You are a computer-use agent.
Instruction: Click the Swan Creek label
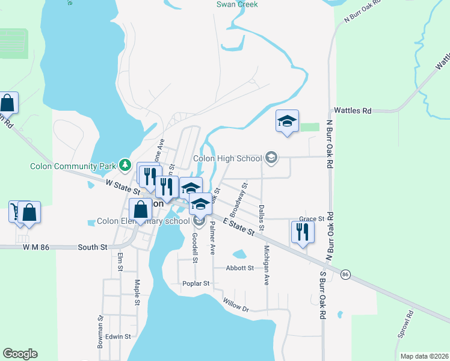[x=237, y=4]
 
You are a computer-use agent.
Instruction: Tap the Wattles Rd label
[x=353, y=111]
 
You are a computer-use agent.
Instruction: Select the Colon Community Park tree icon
[x=125, y=164]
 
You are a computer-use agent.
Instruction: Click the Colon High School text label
[x=227, y=159]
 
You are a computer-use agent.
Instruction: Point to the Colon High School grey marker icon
[x=271, y=158]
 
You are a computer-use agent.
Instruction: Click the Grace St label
[x=312, y=219]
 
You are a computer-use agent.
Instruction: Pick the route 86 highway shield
[x=345, y=274]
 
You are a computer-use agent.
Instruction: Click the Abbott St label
[x=240, y=268]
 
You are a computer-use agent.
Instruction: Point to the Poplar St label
[x=196, y=283]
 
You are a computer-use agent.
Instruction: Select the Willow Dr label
[x=235, y=305]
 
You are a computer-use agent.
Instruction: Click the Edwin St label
[x=118, y=337]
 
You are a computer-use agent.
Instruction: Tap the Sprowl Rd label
[x=406, y=325]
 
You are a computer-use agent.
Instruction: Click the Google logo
[x=20, y=354]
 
